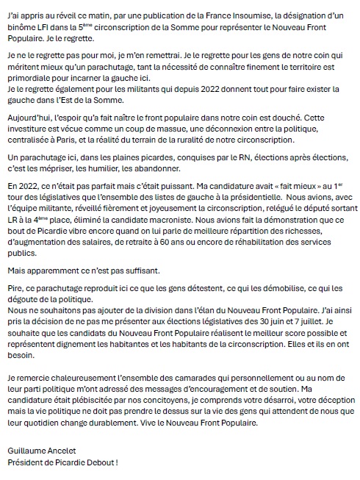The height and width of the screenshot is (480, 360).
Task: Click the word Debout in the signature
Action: coord(98,460)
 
